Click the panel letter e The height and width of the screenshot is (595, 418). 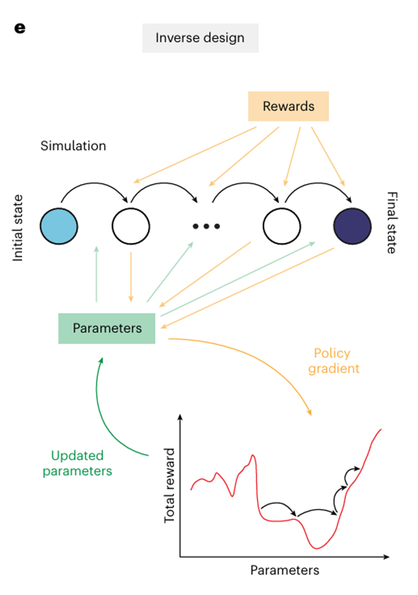[x=19, y=28]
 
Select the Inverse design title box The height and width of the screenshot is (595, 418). [x=200, y=38]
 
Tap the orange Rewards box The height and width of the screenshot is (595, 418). [x=288, y=106]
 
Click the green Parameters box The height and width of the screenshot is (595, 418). [x=107, y=328]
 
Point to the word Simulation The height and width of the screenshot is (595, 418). [x=73, y=146]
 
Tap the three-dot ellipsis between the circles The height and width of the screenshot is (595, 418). [x=206, y=226]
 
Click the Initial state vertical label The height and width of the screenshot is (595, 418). [x=18, y=227]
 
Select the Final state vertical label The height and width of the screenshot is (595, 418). [x=391, y=223]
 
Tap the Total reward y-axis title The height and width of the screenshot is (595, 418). [x=171, y=486]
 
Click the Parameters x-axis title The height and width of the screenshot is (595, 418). [x=285, y=570]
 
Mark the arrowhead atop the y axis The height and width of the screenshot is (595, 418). [x=180, y=417]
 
